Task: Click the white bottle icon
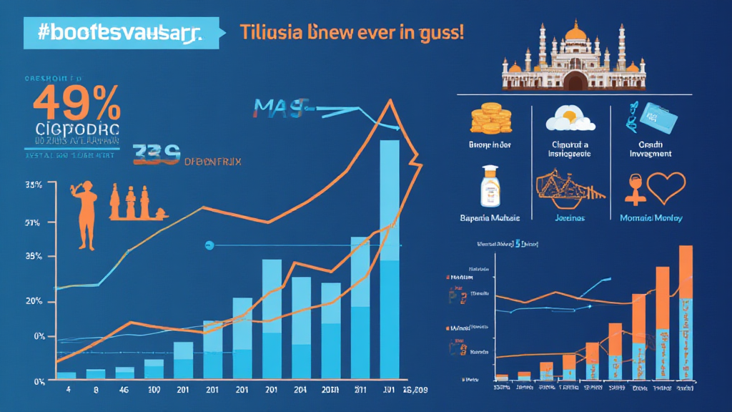click(x=490, y=185)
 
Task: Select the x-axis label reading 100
click(x=153, y=391)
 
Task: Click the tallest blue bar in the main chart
click(x=390, y=257)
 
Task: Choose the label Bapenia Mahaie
click(x=490, y=217)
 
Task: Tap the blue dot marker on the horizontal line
click(x=209, y=245)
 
